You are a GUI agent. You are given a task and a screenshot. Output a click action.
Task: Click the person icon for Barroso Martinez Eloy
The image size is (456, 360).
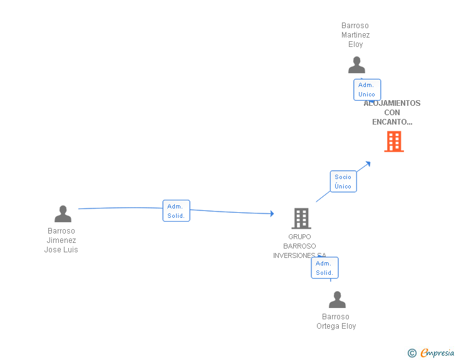356,64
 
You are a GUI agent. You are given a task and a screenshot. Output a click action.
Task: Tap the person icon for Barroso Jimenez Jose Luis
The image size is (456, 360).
63,214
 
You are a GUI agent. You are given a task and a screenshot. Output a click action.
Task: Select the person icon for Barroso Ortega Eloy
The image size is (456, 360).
337,300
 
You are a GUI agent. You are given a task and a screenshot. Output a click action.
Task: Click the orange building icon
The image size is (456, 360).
393,141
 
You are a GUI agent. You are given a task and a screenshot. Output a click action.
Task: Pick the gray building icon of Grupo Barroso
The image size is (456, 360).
301,218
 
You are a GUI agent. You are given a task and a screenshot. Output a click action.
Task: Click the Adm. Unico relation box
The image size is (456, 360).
366,90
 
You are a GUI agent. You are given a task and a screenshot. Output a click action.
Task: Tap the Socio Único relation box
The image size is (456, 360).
343,182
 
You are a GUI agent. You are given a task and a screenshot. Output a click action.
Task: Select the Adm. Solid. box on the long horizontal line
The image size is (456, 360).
176,211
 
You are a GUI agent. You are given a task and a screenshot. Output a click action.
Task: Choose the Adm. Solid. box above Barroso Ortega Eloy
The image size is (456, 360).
324,268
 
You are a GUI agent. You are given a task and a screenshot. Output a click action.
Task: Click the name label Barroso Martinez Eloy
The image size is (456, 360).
355,35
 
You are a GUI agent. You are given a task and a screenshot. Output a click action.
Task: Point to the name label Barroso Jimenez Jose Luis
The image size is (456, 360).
61,240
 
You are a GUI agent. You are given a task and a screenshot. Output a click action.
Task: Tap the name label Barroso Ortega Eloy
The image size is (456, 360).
336,321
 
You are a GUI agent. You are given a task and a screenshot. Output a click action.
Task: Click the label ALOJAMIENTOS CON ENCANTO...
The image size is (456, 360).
392,113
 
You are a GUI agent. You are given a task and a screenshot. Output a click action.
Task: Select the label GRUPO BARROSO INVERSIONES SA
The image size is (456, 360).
299,246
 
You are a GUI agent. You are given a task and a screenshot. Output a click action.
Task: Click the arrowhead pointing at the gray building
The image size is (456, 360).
272,213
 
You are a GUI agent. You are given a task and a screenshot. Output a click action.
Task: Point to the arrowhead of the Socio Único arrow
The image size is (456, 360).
368,164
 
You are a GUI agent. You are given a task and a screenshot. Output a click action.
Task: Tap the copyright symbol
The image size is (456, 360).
412,353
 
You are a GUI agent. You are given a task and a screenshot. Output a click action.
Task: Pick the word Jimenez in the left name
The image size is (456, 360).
61,240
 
